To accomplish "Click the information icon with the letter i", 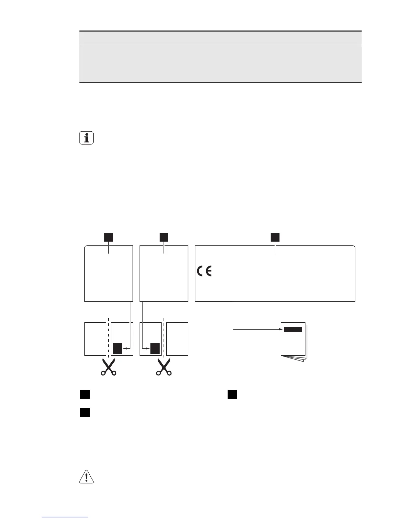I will (86, 138).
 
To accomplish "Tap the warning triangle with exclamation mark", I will (86, 477).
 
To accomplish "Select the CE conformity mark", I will (205, 271).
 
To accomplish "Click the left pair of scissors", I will (109, 367).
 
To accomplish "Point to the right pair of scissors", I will (164, 367).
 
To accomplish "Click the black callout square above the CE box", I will (275, 237).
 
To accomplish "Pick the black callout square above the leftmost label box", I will (109, 237).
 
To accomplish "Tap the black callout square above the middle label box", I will (164, 237).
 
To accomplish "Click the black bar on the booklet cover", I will (293, 329).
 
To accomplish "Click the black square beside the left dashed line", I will (118, 348).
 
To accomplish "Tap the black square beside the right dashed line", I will (155, 348).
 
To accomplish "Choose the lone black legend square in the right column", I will (233, 394).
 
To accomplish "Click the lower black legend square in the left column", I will (85, 412).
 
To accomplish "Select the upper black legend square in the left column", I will (85, 394).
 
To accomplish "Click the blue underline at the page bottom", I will (65, 517).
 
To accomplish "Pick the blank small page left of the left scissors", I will (95, 339).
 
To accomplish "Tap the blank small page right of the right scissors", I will (177, 339).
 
